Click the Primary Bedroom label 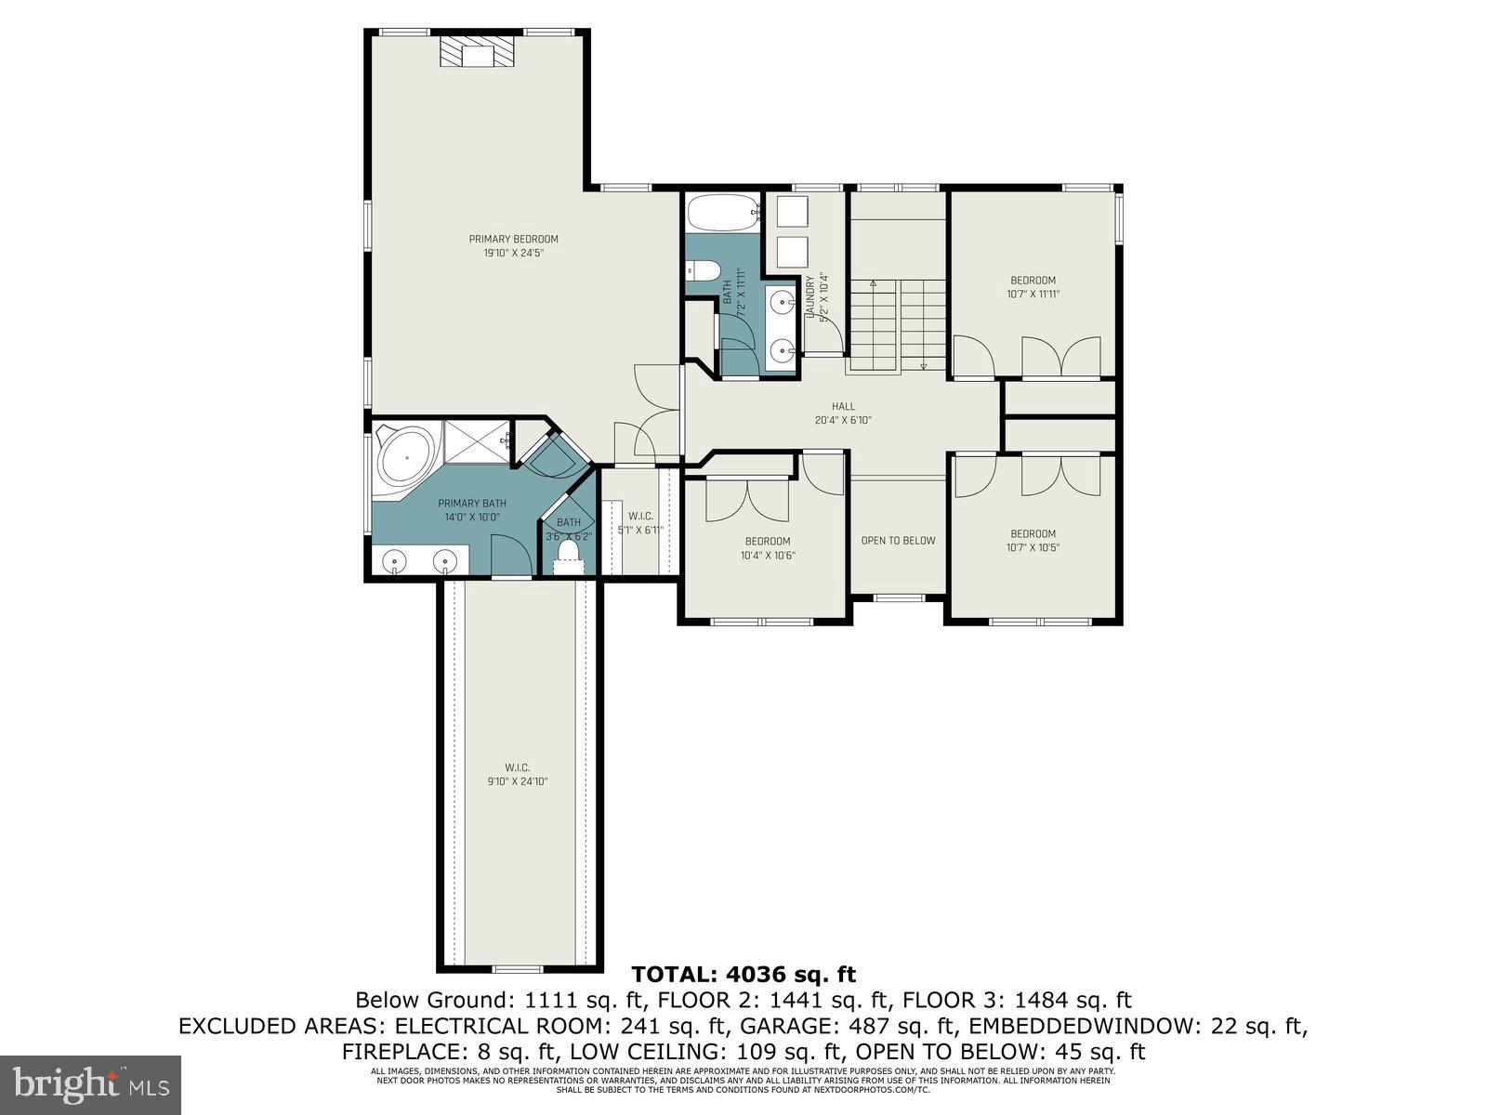[x=513, y=239]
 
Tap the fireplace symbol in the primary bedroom [x=477, y=52]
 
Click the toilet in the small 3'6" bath [x=567, y=555]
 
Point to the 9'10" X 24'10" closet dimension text [x=517, y=781]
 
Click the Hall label [x=843, y=406]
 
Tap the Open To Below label [x=898, y=540]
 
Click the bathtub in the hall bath [x=721, y=214]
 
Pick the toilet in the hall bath [x=702, y=271]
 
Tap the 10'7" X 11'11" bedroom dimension [x=1033, y=294]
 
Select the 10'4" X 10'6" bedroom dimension [x=767, y=556]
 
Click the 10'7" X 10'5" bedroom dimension [x=1033, y=547]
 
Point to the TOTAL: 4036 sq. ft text [x=743, y=974]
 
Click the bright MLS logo [x=90, y=1083]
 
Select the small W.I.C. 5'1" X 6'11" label [x=640, y=523]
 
